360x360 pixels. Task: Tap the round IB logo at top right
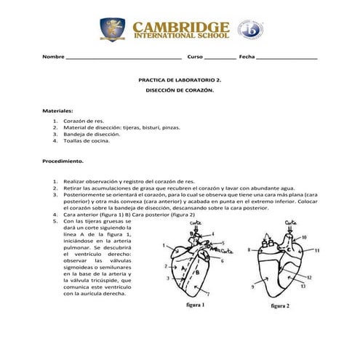[x=251, y=30]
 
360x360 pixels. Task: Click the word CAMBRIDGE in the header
[x=181, y=25]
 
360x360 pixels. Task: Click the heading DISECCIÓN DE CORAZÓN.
[x=180, y=91]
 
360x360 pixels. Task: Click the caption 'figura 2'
[x=280, y=306]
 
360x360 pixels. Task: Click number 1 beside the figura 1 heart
[x=164, y=244]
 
